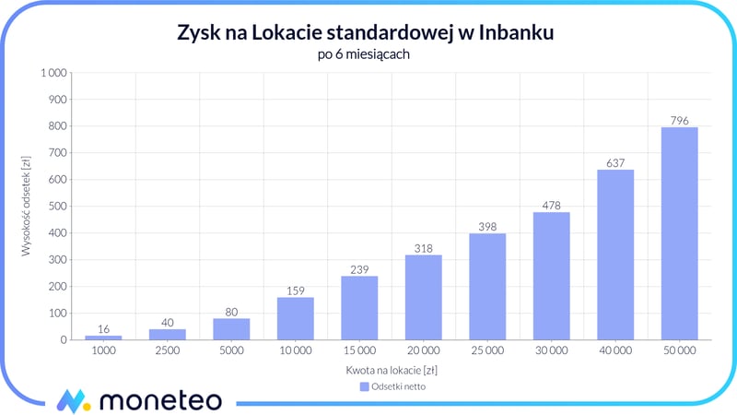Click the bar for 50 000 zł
coord(680,233)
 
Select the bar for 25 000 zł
coord(487,287)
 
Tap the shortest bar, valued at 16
coord(103,337)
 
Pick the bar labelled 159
coord(296,318)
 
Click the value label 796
coord(680,120)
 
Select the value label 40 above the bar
coord(168,322)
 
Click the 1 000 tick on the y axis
coord(54,73)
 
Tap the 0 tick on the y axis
coord(64,340)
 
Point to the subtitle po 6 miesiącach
coord(368,54)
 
